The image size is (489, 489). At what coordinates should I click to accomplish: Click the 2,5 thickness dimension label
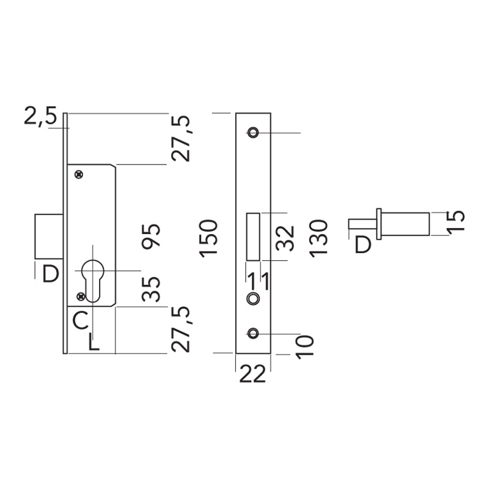point(40,116)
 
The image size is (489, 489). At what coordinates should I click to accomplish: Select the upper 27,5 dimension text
point(182,138)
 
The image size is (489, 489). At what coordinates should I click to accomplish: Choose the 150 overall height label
point(208,238)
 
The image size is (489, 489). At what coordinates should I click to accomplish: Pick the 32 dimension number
point(285,238)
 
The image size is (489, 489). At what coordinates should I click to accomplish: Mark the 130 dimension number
point(319,238)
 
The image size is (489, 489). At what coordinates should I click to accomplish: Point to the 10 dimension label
point(304,345)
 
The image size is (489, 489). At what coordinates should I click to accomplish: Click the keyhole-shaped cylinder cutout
point(93,279)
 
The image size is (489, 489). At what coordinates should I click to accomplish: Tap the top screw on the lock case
point(78,175)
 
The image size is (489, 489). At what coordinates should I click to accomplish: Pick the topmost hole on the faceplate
point(252,133)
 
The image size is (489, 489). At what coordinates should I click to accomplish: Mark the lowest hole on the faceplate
point(252,333)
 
